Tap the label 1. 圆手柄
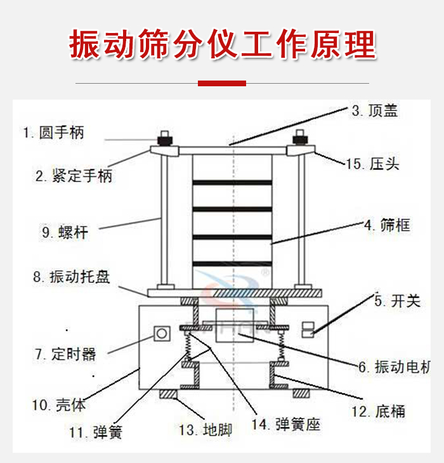pos(53,133)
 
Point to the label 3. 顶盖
pos(375,111)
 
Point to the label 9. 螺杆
pos(65,232)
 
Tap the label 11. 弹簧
pos(95,433)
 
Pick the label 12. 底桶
pos(378,412)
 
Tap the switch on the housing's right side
pos(307,329)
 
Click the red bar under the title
pos(222,83)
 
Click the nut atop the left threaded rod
pos(166,138)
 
